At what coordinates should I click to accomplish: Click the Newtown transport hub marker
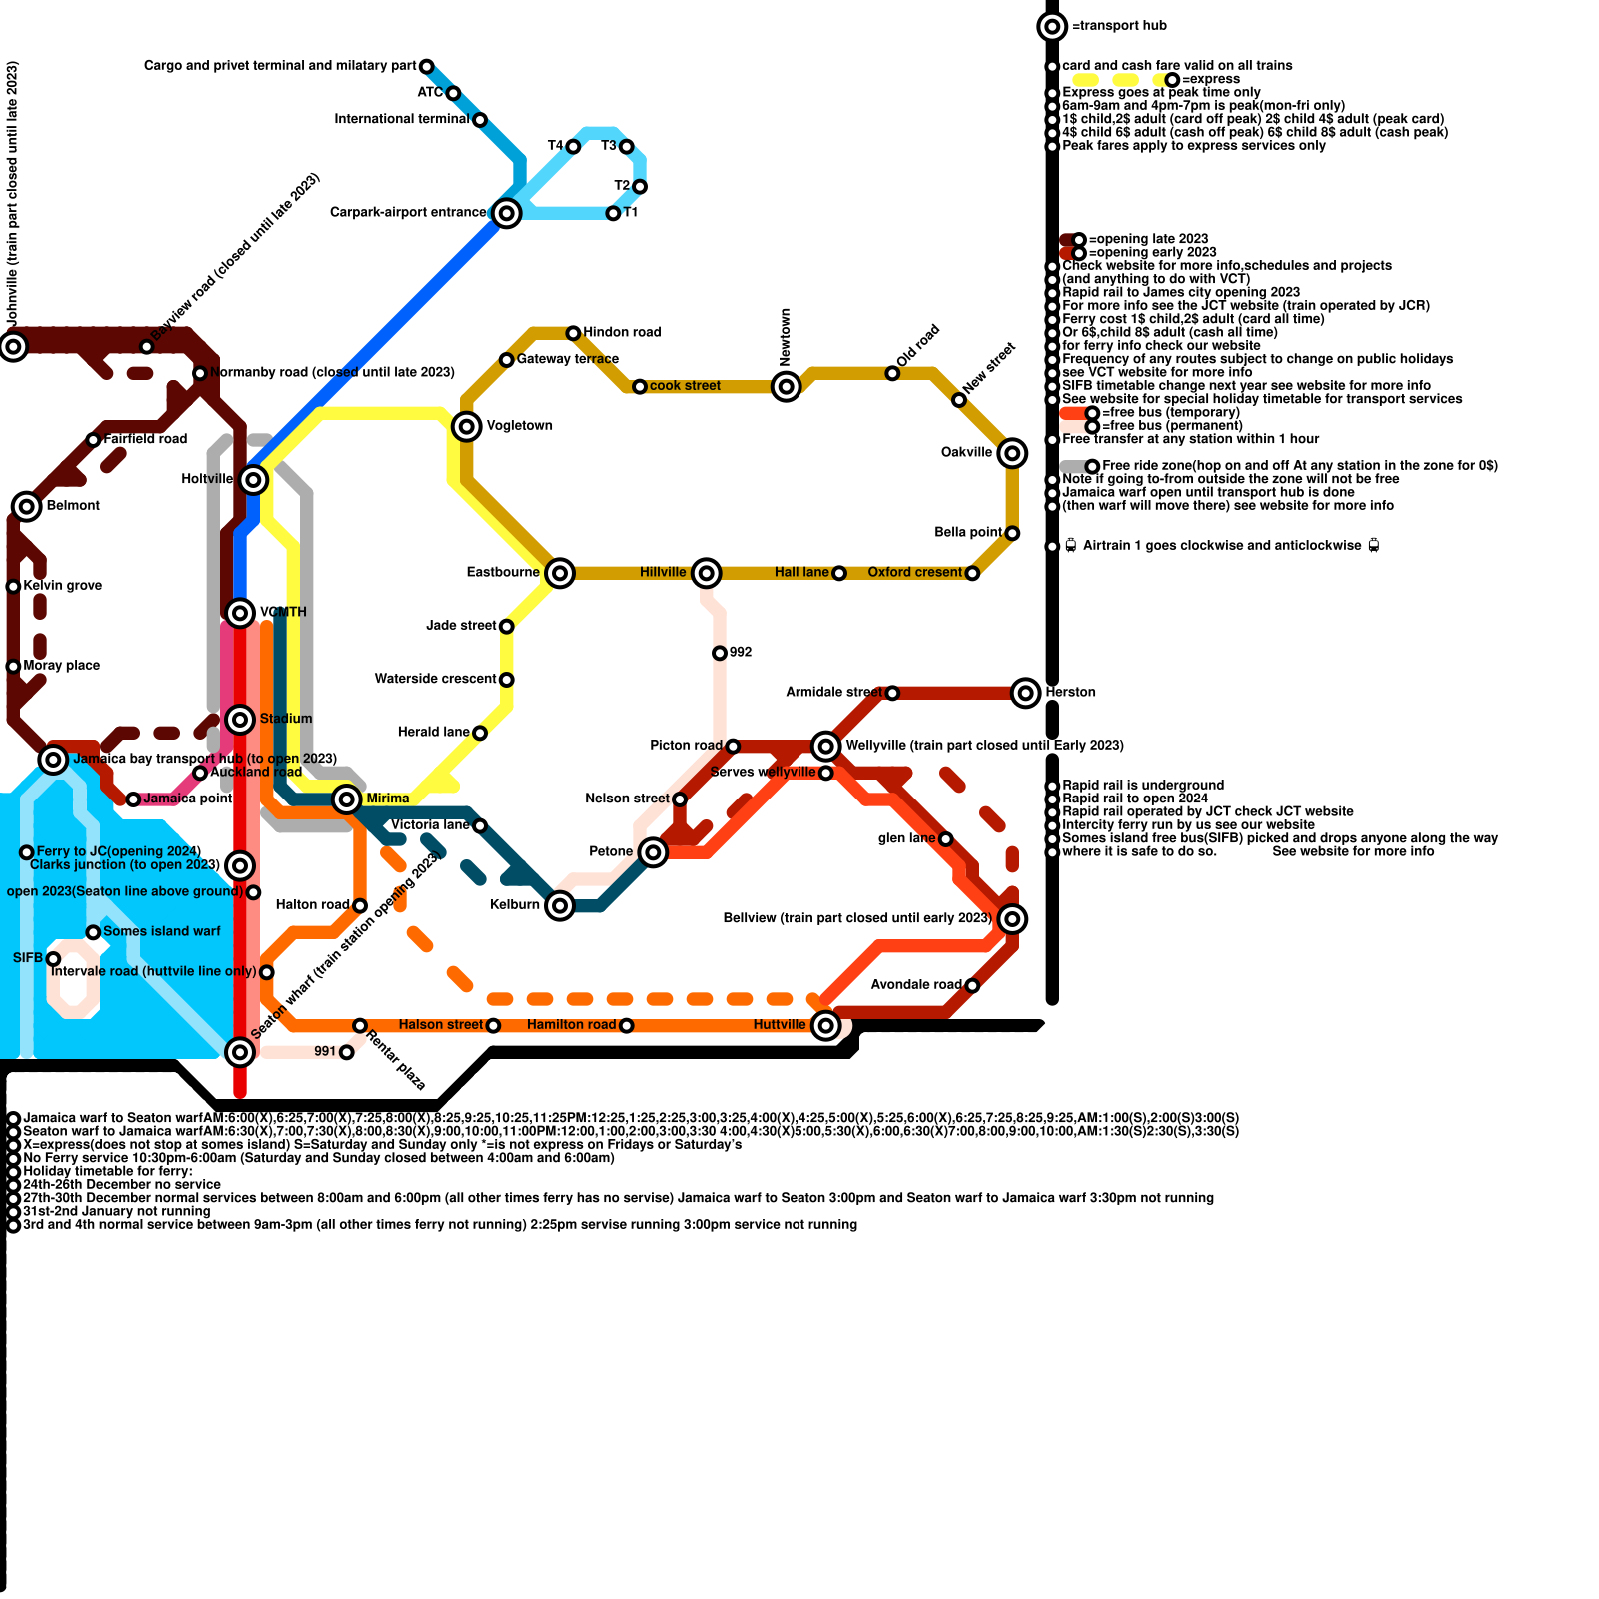787,386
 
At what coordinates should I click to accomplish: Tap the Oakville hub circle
1012,453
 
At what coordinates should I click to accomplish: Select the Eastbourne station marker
560,573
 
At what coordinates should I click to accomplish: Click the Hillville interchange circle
707,573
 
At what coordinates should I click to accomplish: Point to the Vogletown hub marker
467,426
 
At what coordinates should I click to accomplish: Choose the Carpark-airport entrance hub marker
507,213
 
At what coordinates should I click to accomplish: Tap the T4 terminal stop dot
573,147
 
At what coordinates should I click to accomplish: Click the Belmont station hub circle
27,506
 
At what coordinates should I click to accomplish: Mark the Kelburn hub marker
560,905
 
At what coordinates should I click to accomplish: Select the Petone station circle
653,852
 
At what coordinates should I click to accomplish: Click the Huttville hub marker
825,1025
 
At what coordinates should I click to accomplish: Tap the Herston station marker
1026,692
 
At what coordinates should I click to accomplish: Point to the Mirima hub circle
347,799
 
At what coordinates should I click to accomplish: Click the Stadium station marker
240,719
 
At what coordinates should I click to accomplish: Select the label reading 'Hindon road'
622,332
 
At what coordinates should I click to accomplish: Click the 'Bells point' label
968,532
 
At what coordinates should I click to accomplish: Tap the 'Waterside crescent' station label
435,679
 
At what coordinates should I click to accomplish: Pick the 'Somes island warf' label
161,931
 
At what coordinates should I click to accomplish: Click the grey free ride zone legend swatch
1073,466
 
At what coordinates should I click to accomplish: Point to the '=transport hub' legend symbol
1052,26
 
